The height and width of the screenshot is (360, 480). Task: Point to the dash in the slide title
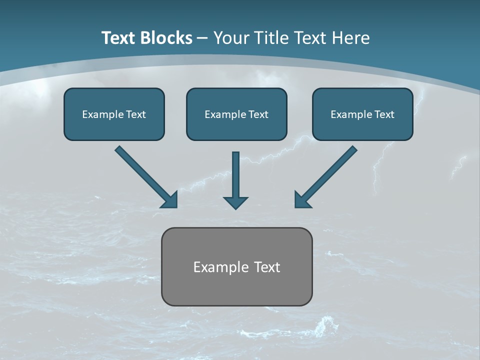pyautogui.click(x=202, y=38)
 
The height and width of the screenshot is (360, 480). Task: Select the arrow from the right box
pyautogui.click(x=327, y=175)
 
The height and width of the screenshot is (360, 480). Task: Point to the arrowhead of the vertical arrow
pyautogui.click(x=235, y=202)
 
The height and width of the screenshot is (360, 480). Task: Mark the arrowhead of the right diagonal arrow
pyautogui.click(x=302, y=200)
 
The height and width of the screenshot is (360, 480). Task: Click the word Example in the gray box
pyautogui.click(x=217, y=267)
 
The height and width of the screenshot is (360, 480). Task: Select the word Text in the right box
pyautogui.click(x=384, y=114)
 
